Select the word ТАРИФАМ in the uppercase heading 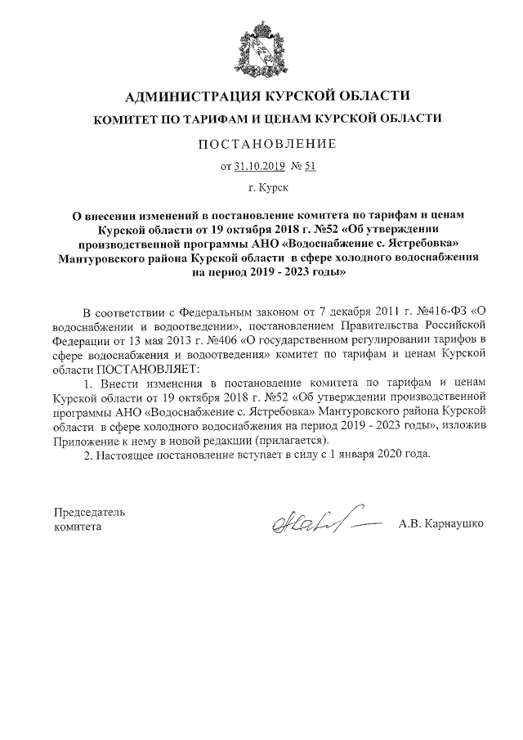click(x=207, y=119)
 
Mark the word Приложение click(x=87, y=439)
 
